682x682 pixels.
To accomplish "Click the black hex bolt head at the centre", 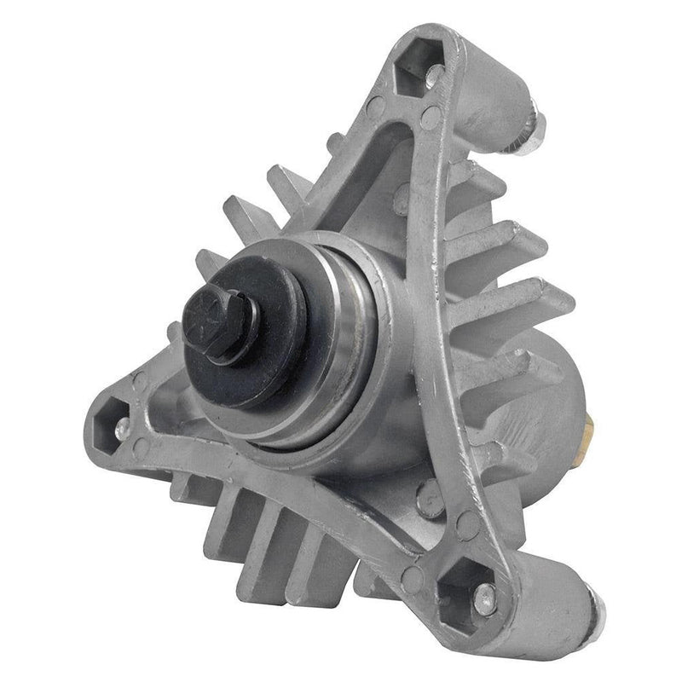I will coord(220,327).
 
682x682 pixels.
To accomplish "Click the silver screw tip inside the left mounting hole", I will coord(122,423).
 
